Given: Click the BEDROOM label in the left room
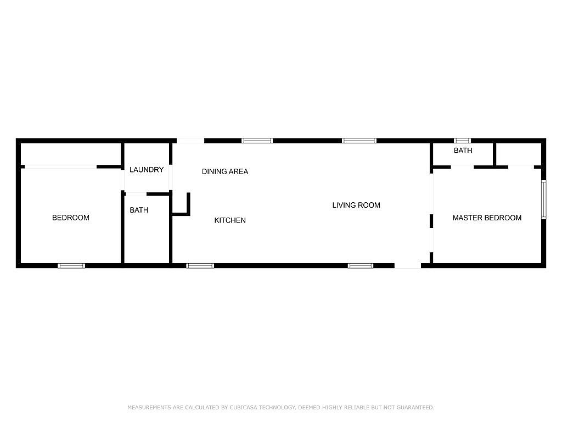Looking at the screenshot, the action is tap(71, 218).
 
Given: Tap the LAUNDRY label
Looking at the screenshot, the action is tap(146, 170).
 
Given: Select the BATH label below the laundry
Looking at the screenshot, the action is tap(139, 210).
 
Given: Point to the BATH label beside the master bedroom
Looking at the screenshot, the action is tap(463, 151).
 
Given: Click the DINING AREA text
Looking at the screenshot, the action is tap(224, 171).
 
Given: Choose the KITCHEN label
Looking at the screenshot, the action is tap(230, 220).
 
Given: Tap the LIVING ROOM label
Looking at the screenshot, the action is tap(356, 206).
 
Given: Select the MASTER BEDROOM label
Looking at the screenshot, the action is tap(487, 218).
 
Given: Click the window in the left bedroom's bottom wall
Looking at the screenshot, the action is tap(71, 266).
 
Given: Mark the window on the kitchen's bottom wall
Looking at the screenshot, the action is tap(200, 266).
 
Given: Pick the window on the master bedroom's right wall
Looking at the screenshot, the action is tap(544, 199).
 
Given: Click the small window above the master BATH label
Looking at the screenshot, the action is tap(462, 141).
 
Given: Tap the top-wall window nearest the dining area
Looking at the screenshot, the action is tap(257, 141).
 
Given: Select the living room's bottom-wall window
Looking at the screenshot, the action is tap(361, 266).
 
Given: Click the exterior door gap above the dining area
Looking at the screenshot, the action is tap(190, 141).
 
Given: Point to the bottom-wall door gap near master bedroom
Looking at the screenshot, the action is tap(408, 266).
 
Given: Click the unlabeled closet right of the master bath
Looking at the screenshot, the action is tap(518, 154).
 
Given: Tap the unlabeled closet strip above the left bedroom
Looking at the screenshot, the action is tap(70, 154).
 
